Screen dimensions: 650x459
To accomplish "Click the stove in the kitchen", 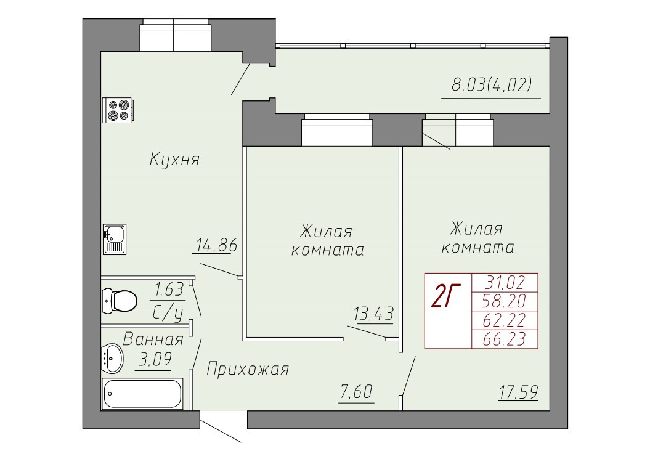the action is point(118,110).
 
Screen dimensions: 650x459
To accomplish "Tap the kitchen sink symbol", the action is point(115,239).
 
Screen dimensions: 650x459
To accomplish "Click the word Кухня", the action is point(174,159).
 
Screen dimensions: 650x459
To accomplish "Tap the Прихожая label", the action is point(248,368).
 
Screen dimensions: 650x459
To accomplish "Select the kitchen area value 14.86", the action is point(216,245).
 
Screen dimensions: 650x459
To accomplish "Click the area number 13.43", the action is point(373,314).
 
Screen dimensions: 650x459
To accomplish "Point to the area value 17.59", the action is point(519,392).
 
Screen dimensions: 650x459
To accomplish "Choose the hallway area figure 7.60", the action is point(357,391).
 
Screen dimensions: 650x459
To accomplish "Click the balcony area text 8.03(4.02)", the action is point(491,85).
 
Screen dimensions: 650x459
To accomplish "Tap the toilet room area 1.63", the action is point(169,290).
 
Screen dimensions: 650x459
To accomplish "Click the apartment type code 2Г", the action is point(446,297).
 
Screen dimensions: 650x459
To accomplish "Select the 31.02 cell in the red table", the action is point(505,283).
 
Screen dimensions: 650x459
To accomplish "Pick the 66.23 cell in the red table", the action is point(505,339).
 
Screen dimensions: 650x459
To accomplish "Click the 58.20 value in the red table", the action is point(505,301).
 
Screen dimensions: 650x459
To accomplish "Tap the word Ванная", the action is point(153,339).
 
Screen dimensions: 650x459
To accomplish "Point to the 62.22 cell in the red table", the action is point(505,320).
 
